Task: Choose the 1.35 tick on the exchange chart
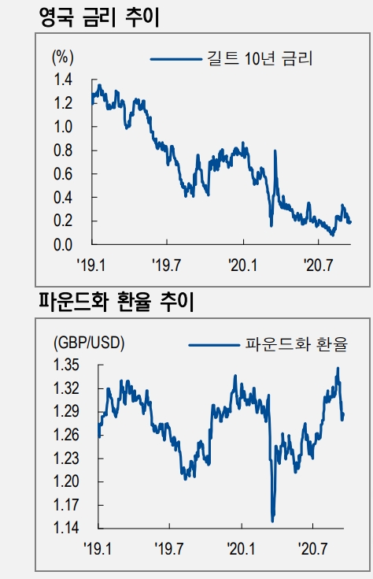[67, 365]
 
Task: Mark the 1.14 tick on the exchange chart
[67, 528]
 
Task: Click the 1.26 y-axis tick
[67, 435]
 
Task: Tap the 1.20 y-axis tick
[67, 481]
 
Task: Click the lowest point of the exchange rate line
[272, 521]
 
